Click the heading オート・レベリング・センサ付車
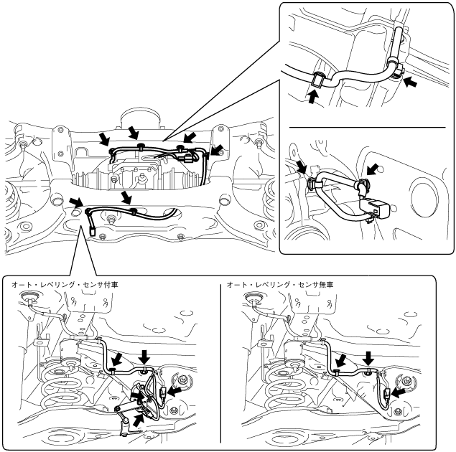[65, 285]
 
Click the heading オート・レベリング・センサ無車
[280, 285]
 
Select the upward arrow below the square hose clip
[312, 96]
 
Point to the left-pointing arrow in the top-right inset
[411, 82]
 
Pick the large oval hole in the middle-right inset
[424, 199]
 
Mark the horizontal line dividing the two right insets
[367, 127]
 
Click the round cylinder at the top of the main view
[141, 119]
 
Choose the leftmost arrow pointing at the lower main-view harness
[76, 202]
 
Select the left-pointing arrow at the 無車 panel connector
[398, 394]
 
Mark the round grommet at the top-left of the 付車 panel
[29, 296]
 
